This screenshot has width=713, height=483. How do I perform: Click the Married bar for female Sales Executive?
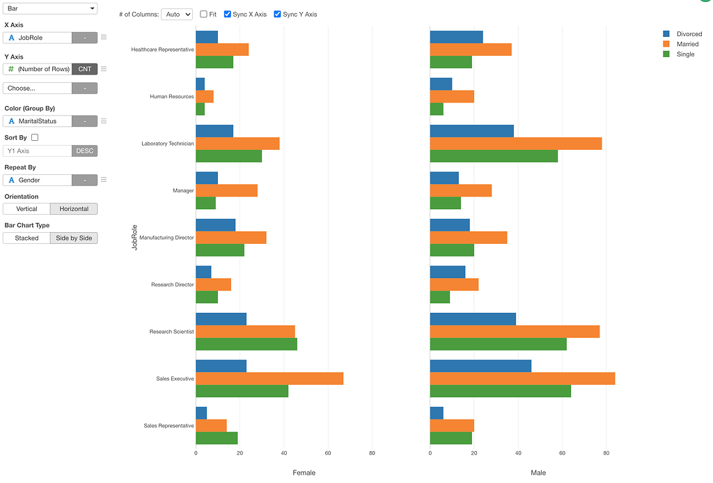click(x=269, y=378)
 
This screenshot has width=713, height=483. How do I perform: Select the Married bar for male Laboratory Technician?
click(x=515, y=144)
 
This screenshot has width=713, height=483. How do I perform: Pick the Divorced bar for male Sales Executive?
click(x=480, y=366)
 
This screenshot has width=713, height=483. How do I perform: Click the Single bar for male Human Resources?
click(x=437, y=109)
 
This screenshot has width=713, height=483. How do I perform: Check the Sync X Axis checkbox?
click(x=228, y=14)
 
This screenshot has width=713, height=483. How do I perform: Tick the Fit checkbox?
click(x=203, y=14)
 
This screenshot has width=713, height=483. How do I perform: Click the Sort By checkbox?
click(x=35, y=138)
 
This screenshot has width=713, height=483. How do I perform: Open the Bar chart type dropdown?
click(x=50, y=8)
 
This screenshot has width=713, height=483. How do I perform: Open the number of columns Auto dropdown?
click(x=176, y=14)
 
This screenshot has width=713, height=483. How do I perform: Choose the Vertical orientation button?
click(x=26, y=209)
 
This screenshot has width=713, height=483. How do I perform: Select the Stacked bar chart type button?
click(x=26, y=238)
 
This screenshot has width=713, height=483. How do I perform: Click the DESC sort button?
click(x=84, y=151)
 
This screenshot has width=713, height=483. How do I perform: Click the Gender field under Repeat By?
click(x=38, y=181)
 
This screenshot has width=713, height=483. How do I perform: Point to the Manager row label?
click(x=183, y=190)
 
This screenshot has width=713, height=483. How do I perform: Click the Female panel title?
click(x=304, y=473)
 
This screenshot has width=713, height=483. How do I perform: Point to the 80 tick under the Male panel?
click(x=606, y=453)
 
